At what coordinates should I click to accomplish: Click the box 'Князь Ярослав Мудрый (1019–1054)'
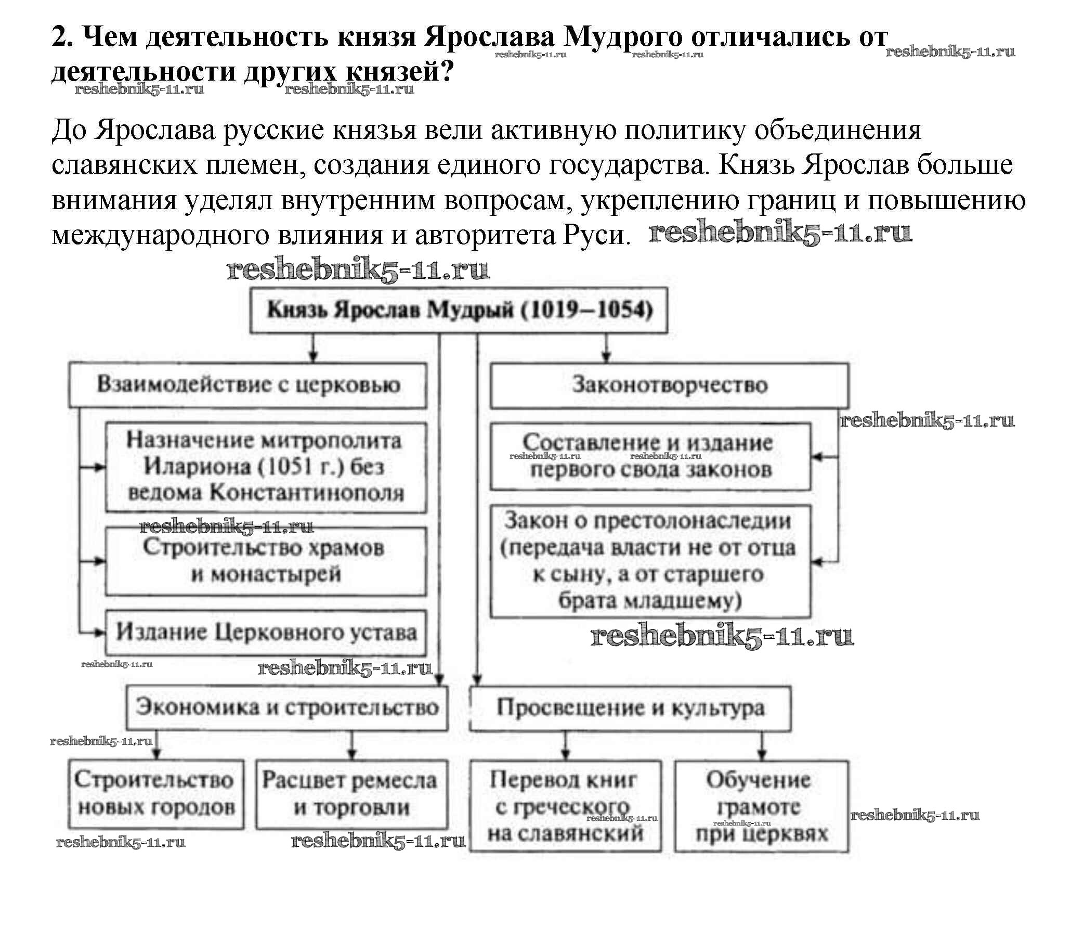point(459,311)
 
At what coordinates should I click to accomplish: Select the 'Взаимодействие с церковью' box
point(248,385)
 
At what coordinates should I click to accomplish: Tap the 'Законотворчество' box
point(670,385)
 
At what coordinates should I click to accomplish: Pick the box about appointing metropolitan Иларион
point(266,467)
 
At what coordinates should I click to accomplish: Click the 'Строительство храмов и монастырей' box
point(266,561)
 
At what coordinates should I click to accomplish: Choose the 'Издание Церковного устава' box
point(266,633)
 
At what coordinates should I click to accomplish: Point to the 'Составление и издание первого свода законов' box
point(650,457)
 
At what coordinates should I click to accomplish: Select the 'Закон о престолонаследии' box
point(650,561)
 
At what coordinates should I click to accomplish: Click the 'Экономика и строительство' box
point(287,708)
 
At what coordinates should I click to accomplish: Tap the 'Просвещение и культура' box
point(630,708)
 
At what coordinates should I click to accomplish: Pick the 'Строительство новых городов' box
point(156,794)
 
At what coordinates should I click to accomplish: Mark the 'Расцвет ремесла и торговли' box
point(351,794)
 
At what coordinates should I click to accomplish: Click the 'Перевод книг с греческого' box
point(565,806)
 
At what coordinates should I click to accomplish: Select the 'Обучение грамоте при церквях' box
point(762,806)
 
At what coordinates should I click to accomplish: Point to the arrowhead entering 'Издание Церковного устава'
point(100,633)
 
